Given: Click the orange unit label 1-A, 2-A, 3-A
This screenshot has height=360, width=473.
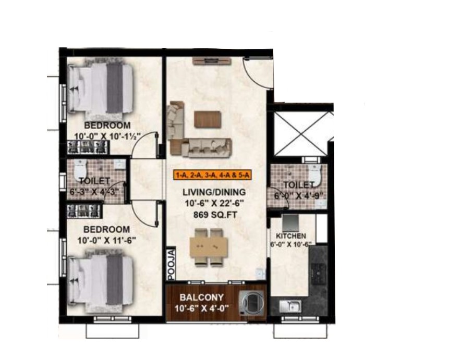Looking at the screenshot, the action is (212, 175).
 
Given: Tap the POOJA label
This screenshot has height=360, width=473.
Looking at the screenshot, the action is (172, 264).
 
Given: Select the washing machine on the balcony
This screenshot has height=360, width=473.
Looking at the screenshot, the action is (252, 303).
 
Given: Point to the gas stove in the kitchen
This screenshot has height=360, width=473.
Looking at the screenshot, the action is (319, 274).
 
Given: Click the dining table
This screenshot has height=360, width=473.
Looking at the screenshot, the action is (208, 246).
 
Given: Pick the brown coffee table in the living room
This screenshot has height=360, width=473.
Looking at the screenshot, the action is (207, 119).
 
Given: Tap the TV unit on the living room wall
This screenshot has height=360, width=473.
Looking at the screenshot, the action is (212, 61).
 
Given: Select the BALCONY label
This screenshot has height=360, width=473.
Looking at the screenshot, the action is (201, 297).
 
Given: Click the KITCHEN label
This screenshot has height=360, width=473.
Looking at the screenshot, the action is (291, 236).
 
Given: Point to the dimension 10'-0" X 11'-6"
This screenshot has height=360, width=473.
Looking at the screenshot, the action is (106, 241).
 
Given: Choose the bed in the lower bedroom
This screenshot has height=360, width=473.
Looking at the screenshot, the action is (100, 280).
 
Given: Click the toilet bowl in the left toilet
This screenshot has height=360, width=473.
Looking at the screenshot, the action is (80, 169).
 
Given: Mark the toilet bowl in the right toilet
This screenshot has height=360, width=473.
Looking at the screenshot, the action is (315, 174).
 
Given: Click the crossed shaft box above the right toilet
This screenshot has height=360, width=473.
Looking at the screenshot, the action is (301, 133).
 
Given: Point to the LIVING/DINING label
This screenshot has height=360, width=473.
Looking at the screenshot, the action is (214, 192).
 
